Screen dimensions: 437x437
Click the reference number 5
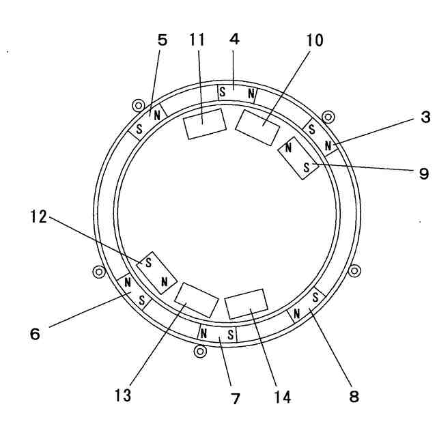pos(162,40)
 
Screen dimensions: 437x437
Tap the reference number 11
pos(197,40)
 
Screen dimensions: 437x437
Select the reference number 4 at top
pos(234,40)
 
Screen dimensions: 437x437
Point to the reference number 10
pos(315,40)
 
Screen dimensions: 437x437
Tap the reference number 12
pos(38,217)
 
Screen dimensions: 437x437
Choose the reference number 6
pos(35,334)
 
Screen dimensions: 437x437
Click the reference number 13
pos(123,395)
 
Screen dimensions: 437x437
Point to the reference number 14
pos(282,395)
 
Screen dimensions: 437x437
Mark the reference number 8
pos(354,395)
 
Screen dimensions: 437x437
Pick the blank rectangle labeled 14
pos(245,303)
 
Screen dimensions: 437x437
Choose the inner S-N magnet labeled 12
pos(157,272)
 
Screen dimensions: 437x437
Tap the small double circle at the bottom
pos(200,351)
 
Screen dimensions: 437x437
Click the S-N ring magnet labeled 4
pos(237,92)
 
